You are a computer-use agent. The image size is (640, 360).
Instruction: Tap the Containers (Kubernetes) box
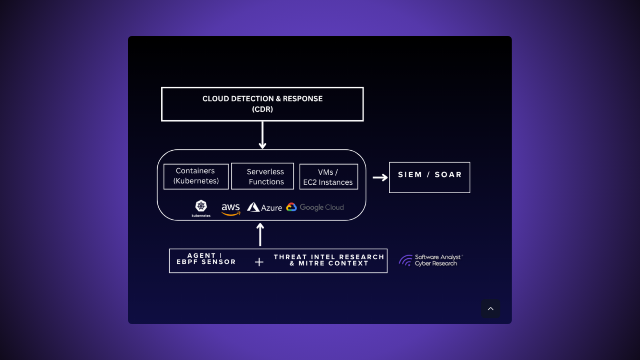point(196,176)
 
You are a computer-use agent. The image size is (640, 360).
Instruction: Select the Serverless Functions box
point(262,176)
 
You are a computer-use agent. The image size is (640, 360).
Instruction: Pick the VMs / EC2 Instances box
point(328,177)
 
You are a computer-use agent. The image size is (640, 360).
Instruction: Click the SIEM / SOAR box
point(429,177)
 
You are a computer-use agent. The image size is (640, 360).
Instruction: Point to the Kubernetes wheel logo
point(201,206)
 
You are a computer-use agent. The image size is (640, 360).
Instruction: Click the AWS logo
point(231,209)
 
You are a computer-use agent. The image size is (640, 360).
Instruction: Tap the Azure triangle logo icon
point(253,207)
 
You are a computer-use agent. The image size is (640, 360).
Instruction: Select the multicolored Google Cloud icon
point(292,207)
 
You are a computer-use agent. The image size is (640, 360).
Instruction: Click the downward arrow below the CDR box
point(262,135)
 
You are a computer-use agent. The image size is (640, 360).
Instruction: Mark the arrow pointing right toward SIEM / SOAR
point(380,177)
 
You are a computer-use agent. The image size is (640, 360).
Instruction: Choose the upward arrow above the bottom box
point(260,234)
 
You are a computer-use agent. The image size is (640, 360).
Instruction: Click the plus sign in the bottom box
point(259,262)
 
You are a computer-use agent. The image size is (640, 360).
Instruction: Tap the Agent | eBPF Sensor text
point(206,259)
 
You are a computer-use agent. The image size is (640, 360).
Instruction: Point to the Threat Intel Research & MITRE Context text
point(329,260)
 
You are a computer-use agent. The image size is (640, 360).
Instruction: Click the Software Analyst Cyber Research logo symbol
point(406,260)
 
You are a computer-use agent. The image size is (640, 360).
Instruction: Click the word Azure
point(272,208)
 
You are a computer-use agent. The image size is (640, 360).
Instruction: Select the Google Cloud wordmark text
point(322,207)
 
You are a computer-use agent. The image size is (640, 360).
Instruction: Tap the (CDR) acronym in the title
point(262,109)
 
